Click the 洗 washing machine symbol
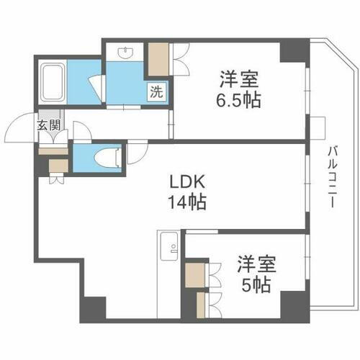coord(156,91)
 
